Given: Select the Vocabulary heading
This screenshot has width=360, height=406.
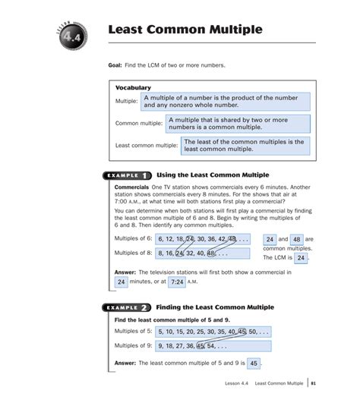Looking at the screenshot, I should (x=133, y=88).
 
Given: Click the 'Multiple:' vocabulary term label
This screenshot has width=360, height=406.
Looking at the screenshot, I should (x=126, y=101).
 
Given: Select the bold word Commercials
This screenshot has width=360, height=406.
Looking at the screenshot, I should (x=131, y=187).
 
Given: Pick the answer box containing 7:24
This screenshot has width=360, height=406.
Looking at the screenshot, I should (x=176, y=282).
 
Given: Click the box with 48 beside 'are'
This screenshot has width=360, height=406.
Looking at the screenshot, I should (x=297, y=239).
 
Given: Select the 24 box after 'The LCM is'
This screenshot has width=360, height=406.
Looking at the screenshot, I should (x=301, y=258).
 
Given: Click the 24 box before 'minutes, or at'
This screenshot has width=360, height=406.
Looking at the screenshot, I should (x=121, y=282).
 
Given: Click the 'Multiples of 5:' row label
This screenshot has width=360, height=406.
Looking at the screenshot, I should (x=133, y=332).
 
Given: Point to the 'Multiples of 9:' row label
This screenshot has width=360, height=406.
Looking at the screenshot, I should (x=133, y=346).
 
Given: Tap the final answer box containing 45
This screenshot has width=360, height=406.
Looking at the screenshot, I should (x=254, y=364).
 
